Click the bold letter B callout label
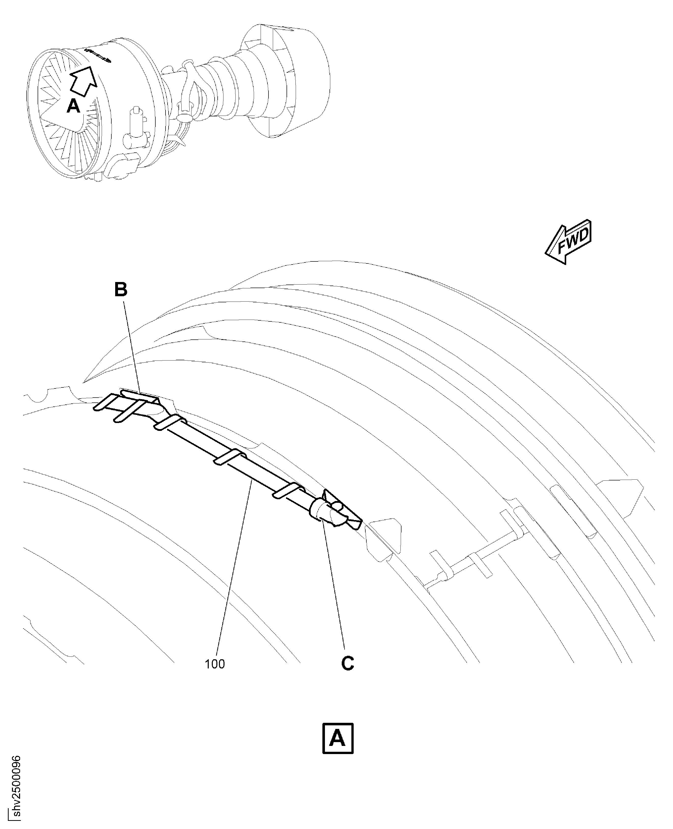pos(121,290)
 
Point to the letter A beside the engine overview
pos(73,106)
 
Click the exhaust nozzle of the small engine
pos(285,81)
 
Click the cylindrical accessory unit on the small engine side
pos(137,128)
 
